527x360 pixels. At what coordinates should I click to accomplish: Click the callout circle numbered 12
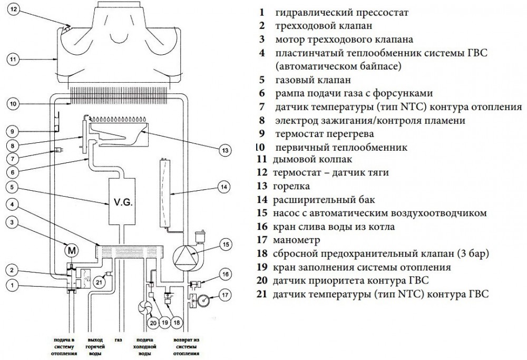pyautogui.click(x=15, y=9)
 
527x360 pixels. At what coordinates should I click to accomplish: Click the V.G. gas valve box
pyautogui.click(x=121, y=201)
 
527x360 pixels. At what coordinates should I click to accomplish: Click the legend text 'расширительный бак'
pyautogui.click(x=318, y=199)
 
